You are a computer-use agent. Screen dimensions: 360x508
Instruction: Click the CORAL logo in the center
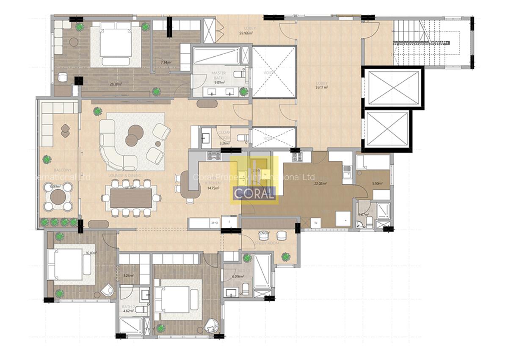(x=254, y=194)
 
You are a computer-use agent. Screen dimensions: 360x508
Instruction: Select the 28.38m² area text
(x=116, y=84)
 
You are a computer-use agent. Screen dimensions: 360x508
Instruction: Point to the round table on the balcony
(x=58, y=197)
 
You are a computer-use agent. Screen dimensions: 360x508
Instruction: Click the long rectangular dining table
(x=131, y=198)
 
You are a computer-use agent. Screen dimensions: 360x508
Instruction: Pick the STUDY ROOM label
(x=267, y=244)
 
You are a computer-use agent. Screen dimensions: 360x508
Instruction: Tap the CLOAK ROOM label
(x=224, y=135)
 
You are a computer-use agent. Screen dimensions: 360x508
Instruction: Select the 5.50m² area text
(x=377, y=184)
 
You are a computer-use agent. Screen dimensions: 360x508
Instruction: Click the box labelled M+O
(x=214, y=222)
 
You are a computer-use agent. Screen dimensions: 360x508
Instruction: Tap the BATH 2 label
(x=128, y=307)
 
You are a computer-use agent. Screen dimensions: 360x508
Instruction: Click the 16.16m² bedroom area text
(x=91, y=253)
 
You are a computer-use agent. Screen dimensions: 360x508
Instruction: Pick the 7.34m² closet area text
(x=166, y=62)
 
